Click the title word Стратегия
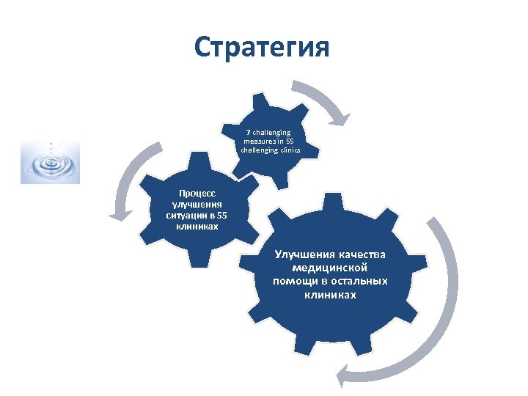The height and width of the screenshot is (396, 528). (x=263, y=48)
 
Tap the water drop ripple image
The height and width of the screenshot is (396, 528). (x=49, y=161)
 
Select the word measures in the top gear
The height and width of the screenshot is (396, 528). (x=257, y=141)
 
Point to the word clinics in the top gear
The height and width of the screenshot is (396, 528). (x=288, y=150)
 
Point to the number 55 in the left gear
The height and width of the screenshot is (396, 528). (x=221, y=216)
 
